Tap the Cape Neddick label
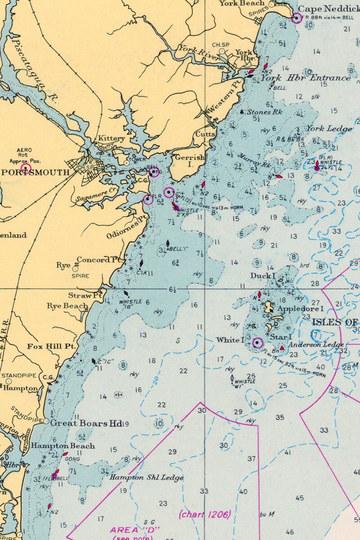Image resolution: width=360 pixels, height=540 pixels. (x=328, y=9)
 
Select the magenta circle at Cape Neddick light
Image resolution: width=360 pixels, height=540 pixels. (x=297, y=18)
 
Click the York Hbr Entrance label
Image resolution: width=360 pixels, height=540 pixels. (x=306, y=78)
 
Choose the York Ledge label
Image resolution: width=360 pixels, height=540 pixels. (x=329, y=129)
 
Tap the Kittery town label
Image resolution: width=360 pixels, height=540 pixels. (x=111, y=139)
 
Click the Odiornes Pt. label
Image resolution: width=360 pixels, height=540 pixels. (x=127, y=229)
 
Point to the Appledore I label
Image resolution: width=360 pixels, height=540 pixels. (x=301, y=309)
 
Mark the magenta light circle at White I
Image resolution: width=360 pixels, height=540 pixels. (x=257, y=343)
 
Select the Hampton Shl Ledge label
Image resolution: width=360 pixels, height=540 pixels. (x=146, y=477)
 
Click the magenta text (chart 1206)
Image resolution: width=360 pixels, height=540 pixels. (x=205, y=514)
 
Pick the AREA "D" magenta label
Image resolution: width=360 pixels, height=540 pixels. (x=133, y=530)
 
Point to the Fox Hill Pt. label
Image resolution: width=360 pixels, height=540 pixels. (x=51, y=346)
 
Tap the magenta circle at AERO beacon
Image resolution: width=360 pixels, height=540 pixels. (x=26, y=168)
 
